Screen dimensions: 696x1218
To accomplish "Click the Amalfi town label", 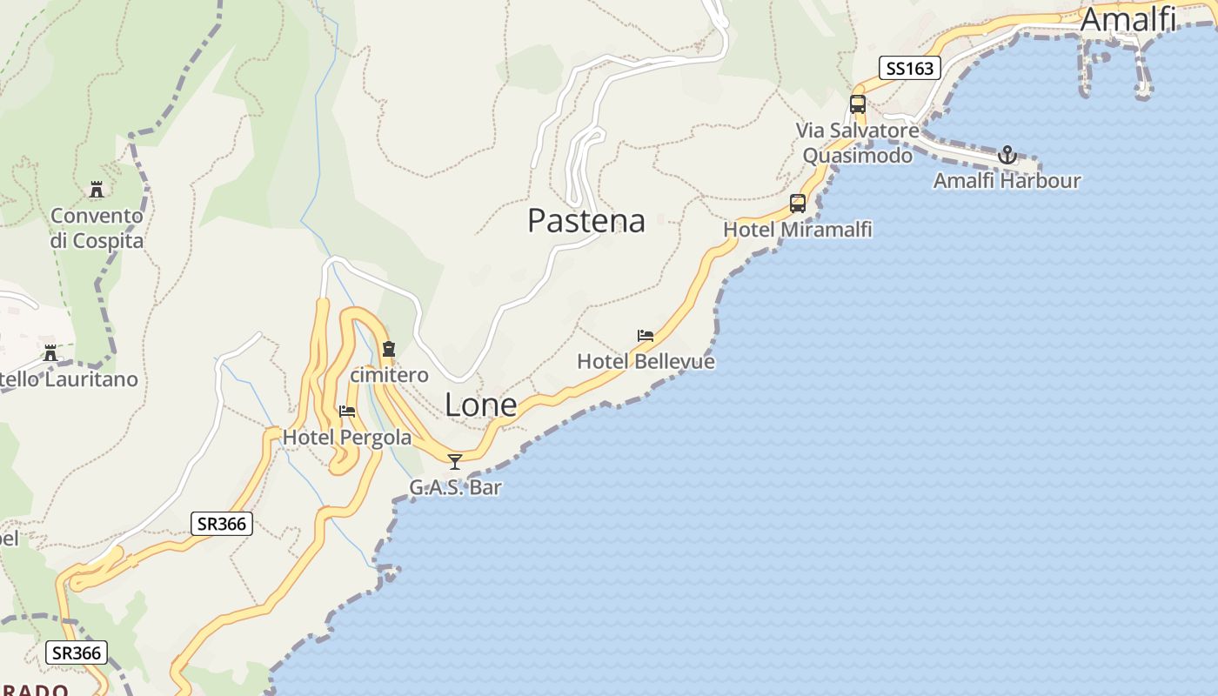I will (x=1128, y=19).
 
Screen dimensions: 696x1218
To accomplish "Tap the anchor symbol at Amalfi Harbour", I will (x=1007, y=155).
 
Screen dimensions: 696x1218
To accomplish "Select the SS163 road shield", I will (x=910, y=68).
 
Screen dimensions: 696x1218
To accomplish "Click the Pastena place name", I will (x=586, y=221).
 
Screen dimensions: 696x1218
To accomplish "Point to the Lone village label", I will (x=480, y=405).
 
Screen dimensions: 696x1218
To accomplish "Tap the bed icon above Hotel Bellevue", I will (x=646, y=336).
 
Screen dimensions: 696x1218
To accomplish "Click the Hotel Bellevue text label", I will (x=646, y=361).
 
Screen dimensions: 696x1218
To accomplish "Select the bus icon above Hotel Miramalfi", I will (x=798, y=204).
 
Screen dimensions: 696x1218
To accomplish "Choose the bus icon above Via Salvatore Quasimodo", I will (x=858, y=104).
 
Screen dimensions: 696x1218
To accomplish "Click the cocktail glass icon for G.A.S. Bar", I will (x=454, y=461).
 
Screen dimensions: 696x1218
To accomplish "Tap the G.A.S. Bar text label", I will (x=455, y=487).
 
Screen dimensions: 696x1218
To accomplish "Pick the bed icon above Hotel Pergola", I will (x=347, y=411).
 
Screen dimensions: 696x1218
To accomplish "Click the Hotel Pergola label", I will (x=347, y=438).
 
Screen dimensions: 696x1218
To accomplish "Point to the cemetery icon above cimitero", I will (x=389, y=350).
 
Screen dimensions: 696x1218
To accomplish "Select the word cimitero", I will (x=389, y=375).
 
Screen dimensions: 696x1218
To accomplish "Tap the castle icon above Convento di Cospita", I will (x=97, y=190).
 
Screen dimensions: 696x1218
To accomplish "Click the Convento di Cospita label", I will (x=97, y=228).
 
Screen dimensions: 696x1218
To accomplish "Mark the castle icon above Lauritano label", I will (x=50, y=353).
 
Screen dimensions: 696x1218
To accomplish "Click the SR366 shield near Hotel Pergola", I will (x=222, y=524).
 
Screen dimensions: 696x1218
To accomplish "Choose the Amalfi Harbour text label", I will (x=1007, y=181).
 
